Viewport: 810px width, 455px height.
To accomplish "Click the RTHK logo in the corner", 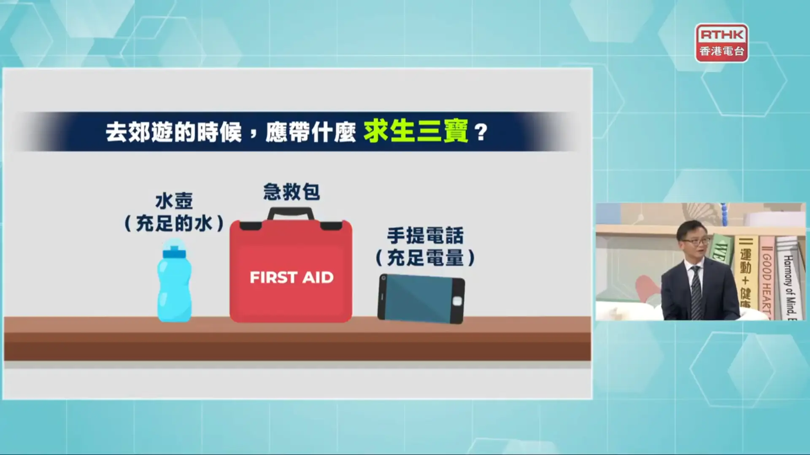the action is [x=722, y=43].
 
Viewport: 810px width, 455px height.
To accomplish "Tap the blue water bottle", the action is [x=174, y=281].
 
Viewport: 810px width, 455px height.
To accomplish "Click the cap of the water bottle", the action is [x=174, y=249].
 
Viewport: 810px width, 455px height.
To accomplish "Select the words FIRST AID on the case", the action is [x=292, y=278].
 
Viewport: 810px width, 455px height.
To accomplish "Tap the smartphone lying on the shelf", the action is [x=421, y=299].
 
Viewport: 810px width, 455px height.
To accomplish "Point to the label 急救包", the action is [x=292, y=192].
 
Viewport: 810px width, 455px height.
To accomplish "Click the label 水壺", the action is [x=174, y=201].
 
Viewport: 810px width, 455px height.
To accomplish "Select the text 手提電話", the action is [x=425, y=236].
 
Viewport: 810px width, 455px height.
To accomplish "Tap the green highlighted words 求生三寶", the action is [x=416, y=131].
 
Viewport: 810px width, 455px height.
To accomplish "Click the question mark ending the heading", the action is [x=481, y=132].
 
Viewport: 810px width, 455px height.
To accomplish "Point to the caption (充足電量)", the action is [x=425, y=258].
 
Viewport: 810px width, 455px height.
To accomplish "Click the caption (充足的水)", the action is [x=174, y=223].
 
